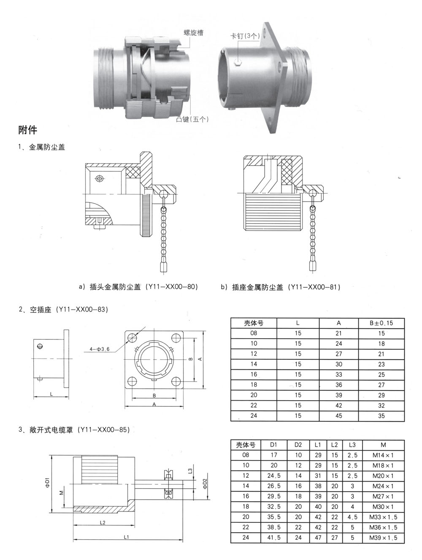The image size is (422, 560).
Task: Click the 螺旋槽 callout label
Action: point(193,32)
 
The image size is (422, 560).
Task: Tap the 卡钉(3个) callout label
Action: point(245,36)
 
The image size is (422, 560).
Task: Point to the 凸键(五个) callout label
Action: point(192,119)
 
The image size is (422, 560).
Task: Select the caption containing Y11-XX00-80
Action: point(138,287)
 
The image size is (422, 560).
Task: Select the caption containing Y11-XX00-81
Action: point(281,287)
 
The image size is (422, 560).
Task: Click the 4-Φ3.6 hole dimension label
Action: point(99,349)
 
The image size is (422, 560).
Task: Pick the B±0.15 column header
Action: point(381,323)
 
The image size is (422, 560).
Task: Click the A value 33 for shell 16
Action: point(338,374)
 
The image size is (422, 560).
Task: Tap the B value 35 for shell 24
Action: point(381,416)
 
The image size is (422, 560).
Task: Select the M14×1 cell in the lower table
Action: point(383,455)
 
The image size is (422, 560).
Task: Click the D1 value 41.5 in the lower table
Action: point(274,538)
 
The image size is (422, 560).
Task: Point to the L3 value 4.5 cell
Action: point(352,517)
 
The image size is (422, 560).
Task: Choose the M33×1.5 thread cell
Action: point(383,517)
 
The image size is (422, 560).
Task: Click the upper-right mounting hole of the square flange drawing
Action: point(176,338)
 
